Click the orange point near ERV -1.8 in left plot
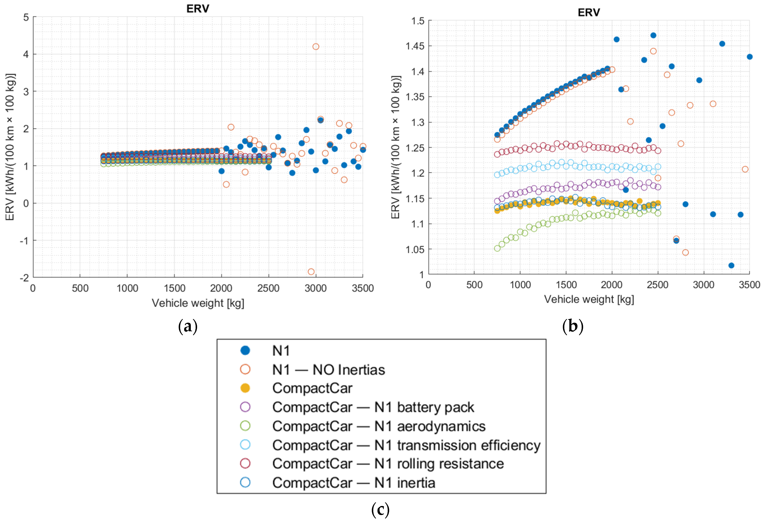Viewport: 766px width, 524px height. coord(311,272)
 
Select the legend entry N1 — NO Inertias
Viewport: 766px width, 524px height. coord(328,370)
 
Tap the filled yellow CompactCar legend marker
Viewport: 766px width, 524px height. coord(245,388)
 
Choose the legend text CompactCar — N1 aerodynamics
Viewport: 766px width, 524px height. coord(379,426)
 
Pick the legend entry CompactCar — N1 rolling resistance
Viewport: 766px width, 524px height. coord(388,464)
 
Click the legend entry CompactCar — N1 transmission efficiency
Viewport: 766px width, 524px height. coord(406,445)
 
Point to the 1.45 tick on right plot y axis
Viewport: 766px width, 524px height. coord(415,46)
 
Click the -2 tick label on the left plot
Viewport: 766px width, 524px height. coord(24,278)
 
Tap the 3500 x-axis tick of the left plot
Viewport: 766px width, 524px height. coord(363,288)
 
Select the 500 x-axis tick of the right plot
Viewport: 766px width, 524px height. coord(474,285)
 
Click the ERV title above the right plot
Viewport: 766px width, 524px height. coord(589,13)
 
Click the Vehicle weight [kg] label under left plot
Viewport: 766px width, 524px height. coord(198,303)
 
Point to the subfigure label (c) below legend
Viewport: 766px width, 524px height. coord(380,510)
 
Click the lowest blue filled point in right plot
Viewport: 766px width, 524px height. coord(731,265)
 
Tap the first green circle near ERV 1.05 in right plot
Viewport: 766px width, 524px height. coord(497,248)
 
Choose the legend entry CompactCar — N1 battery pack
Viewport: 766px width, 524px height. coord(373,407)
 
